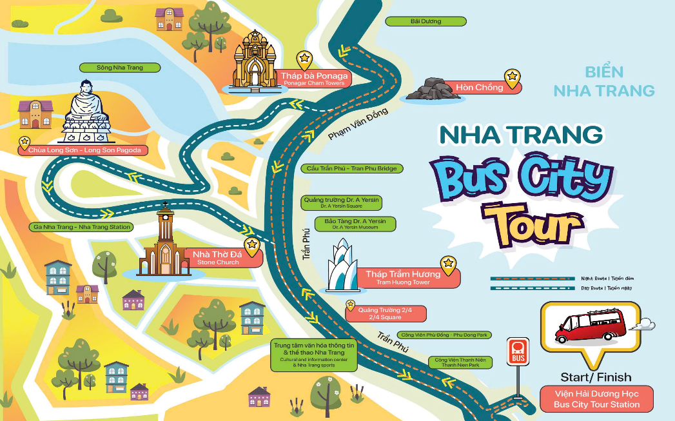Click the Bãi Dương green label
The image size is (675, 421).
tap(426, 21)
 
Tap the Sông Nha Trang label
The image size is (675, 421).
tap(119, 68)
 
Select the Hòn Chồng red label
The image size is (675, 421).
tap(479, 88)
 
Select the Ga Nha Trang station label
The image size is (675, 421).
tap(81, 227)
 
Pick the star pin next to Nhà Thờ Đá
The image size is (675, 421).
tap(252, 246)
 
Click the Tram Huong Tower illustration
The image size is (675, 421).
tap(342, 266)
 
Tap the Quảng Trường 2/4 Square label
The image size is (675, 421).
tap(385, 313)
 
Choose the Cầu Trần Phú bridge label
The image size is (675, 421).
tap(352, 168)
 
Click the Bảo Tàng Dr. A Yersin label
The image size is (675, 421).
tap(355, 224)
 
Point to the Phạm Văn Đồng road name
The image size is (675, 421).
tap(358, 124)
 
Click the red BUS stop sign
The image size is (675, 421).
tap(518, 350)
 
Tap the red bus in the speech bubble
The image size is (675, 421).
tap(590, 325)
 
